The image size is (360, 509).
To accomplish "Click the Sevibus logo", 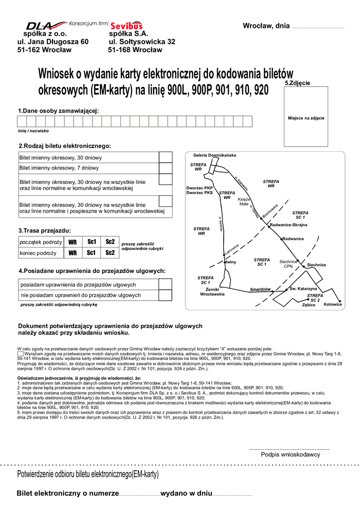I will coord(126,25).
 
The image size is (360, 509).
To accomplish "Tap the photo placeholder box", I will coord(306,118).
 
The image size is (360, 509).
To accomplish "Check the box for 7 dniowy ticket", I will coord(165,168).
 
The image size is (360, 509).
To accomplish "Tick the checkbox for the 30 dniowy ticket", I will coord(165,157).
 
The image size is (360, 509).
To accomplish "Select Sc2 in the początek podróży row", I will coord(110,242).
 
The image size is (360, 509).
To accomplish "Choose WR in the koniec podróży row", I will coord(73,253).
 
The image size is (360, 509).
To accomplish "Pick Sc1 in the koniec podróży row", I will coord(91,253).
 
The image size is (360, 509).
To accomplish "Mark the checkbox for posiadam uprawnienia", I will coord(165,284).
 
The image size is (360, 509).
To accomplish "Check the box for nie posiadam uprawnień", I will coord(165,295).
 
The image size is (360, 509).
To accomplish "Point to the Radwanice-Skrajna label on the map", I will coord(288,225).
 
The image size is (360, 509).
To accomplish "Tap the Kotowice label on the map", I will coord(333,304).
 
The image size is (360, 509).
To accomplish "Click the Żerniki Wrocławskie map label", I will coord(212,292).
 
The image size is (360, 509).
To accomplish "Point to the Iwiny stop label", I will coord(231,262).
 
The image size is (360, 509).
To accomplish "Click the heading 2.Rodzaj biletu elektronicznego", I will coord(64,146).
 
